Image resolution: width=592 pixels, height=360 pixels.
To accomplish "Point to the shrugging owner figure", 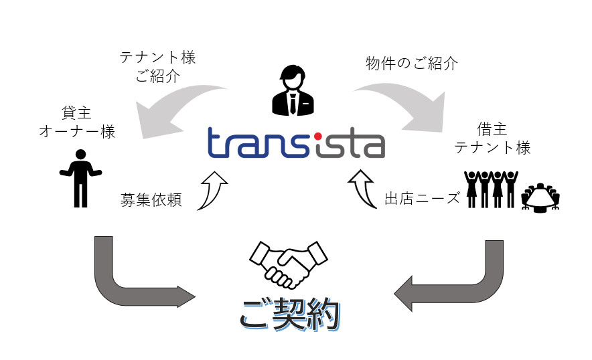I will [79, 177].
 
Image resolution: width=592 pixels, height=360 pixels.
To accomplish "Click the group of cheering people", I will [491, 190].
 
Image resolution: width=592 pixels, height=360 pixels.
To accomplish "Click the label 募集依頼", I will [151, 200].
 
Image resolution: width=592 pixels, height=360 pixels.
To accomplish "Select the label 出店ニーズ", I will [422, 199].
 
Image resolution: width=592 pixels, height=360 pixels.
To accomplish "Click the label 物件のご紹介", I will [412, 64].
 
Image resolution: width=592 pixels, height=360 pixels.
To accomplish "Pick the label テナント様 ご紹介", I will [158, 67].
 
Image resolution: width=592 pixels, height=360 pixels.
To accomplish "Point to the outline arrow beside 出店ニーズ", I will [363, 189].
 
